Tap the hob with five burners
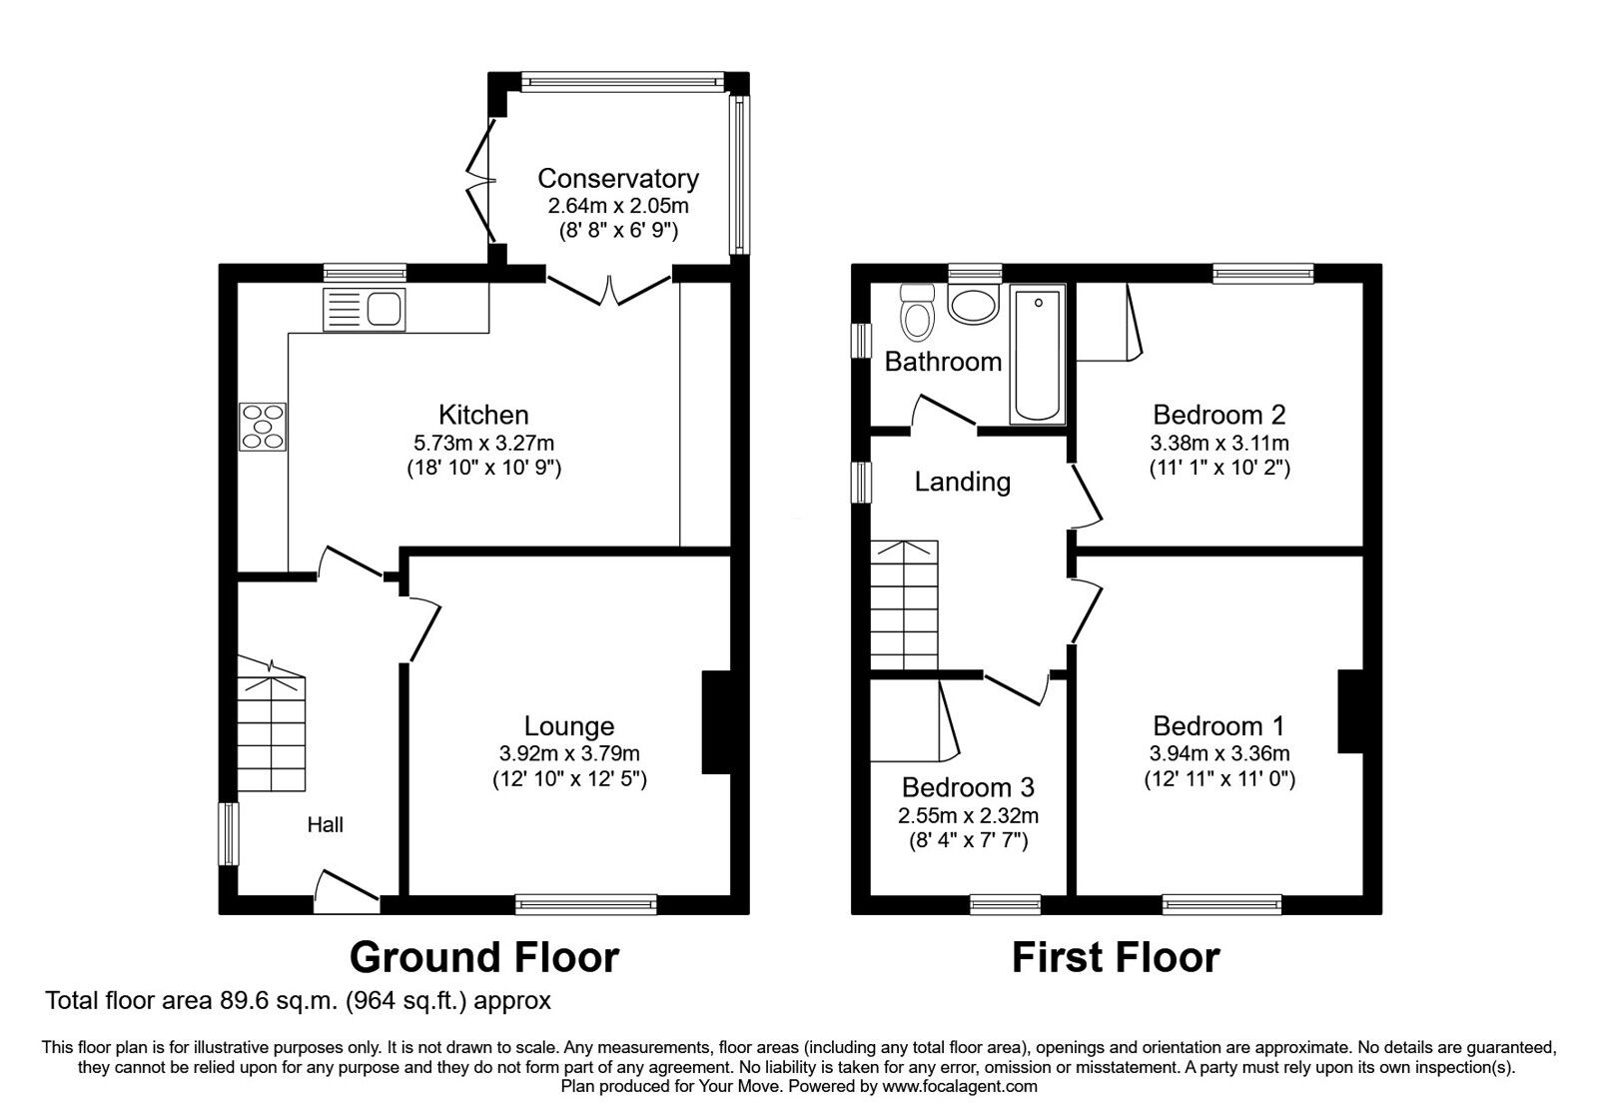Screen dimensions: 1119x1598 (263, 427)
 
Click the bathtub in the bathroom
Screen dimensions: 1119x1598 (1039, 354)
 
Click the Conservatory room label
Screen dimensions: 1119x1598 (618, 179)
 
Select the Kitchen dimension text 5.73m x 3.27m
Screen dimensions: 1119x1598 (483, 442)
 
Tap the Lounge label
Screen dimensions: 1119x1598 (569, 726)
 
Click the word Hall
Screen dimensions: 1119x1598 (326, 824)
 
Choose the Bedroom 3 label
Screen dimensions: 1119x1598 (968, 787)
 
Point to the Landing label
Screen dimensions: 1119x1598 (963, 482)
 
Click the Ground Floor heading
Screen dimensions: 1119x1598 (484, 957)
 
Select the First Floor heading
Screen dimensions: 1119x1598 (1116, 957)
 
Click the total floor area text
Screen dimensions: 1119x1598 (299, 999)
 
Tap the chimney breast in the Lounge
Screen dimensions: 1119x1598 (717, 721)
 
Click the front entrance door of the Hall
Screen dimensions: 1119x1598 (346, 891)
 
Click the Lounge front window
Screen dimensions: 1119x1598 (586, 904)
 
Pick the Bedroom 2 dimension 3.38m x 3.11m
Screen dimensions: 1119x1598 (1219, 442)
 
